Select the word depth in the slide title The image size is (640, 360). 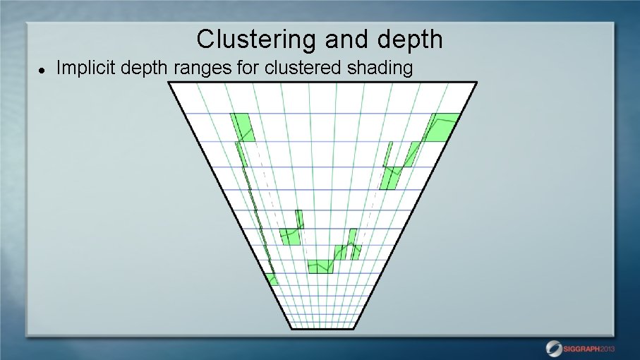coord(411,40)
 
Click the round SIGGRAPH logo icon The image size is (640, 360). coord(554,348)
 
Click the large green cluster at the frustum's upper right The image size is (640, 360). coord(442,127)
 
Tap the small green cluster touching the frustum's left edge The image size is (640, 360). coord(272,279)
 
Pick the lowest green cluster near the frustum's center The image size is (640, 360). coord(320,267)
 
